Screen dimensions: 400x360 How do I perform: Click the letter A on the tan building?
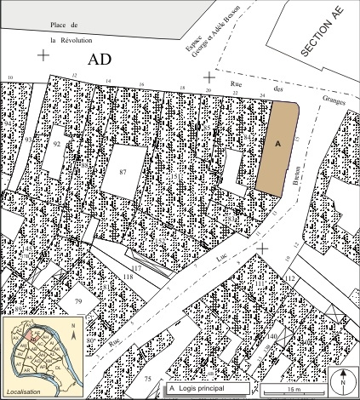pos(277,146)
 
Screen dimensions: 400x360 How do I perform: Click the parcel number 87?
pos(123,173)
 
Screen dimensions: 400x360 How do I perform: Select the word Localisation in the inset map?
pos(24,392)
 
